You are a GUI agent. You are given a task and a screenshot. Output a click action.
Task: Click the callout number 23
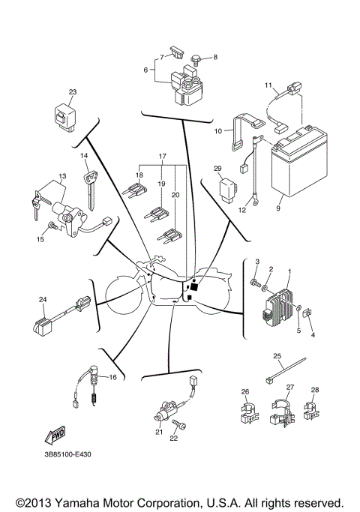tap(73, 92)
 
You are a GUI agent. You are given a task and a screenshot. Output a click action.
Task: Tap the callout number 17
tap(161, 158)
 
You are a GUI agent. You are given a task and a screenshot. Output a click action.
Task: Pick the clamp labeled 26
tap(246, 412)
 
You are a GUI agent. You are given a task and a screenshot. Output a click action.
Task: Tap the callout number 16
tap(113, 377)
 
